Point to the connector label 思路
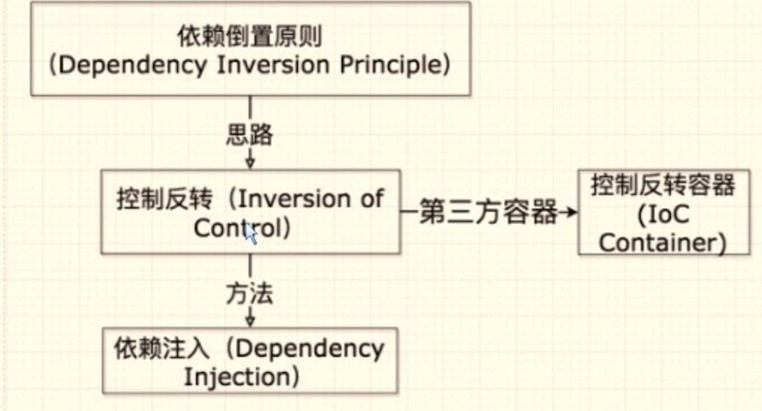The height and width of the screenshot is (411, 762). (249, 135)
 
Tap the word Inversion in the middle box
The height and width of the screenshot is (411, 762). (288, 199)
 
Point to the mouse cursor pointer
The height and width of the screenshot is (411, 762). (249, 234)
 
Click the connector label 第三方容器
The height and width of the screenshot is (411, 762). (488, 213)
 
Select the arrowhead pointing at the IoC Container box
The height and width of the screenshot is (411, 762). (571, 213)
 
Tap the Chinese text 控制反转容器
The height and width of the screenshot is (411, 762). (663, 185)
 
